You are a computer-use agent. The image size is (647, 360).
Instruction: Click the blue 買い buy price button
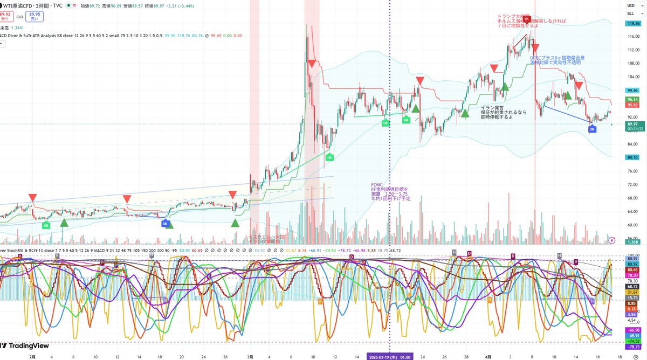coord(33,16)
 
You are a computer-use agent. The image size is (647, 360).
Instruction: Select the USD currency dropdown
coord(630,5)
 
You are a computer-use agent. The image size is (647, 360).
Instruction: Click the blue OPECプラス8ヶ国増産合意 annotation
coord(557,58)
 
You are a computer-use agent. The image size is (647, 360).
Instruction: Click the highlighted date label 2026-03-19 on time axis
coord(390,356)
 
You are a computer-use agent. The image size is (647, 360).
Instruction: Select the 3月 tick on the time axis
coord(249,356)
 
